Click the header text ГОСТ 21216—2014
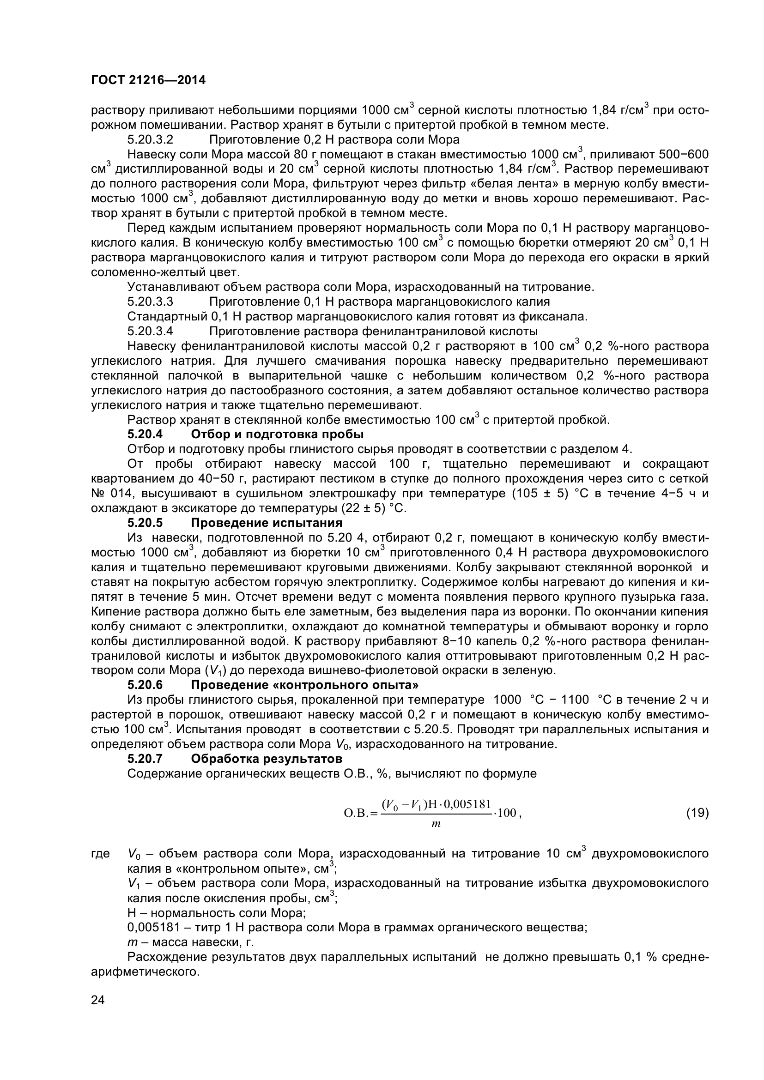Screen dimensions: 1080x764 tap(148, 80)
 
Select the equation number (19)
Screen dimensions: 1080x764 tap(697, 813)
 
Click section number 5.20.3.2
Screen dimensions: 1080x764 tap(151, 140)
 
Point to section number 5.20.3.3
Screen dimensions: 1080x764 tap(151, 302)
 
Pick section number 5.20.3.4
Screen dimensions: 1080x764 tap(151, 331)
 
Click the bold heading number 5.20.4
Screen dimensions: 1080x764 tap(145, 434)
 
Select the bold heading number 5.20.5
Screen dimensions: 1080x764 tap(145, 523)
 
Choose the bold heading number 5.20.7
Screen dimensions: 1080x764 tap(145, 759)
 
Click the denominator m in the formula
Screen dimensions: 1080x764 tap(436, 825)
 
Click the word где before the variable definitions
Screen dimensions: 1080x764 tap(100, 854)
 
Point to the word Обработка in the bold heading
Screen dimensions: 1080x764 tap(222, 759)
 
